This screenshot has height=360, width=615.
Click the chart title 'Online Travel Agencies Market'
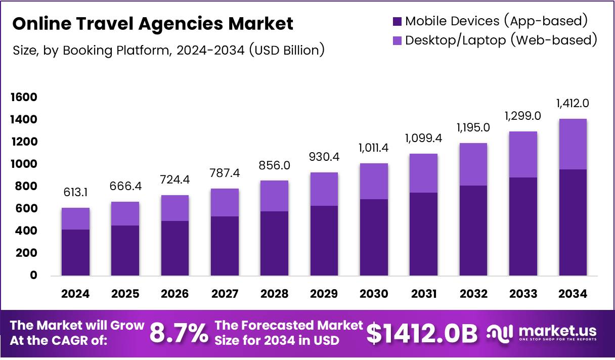pos(153,23)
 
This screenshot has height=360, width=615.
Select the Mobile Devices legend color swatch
pos(397,21)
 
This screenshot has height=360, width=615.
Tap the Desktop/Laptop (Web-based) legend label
pos(501,39)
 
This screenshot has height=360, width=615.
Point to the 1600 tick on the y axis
pos(24,97)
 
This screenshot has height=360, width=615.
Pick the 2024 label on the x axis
pos(75,294)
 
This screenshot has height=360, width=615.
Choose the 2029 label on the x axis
pos(324,294)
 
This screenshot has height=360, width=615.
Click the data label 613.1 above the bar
pos(75,193)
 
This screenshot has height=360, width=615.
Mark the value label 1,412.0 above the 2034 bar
pos(573,104)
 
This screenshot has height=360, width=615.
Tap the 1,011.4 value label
pos(373,148)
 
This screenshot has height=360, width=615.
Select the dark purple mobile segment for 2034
pos(573,222)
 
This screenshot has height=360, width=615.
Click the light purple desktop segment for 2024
pos(75,218)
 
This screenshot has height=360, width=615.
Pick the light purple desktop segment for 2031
pos(423,173)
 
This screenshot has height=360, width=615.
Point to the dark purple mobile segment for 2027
pos(225,246)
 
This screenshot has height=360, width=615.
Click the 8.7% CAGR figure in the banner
pos(179,333)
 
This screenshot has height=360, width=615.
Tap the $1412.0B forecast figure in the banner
pos(422,333)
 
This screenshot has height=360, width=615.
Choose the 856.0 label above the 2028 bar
pos(274,166)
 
